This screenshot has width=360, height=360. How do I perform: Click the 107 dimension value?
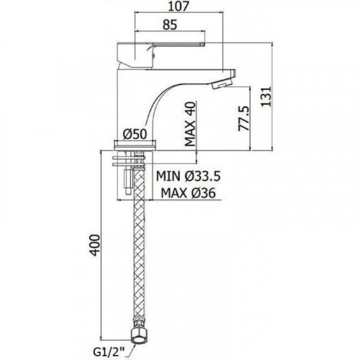[178, 6]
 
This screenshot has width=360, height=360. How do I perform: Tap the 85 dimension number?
[170, 25]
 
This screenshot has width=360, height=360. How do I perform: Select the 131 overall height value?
[266, 96]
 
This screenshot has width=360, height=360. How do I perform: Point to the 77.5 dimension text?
[244, 119]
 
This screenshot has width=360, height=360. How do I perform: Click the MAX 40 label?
[191, 124]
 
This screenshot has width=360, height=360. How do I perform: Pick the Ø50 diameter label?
[135, 134]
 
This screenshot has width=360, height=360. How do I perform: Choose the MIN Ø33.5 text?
[189, 176]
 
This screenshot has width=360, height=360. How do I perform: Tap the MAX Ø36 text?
[189, 193]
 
